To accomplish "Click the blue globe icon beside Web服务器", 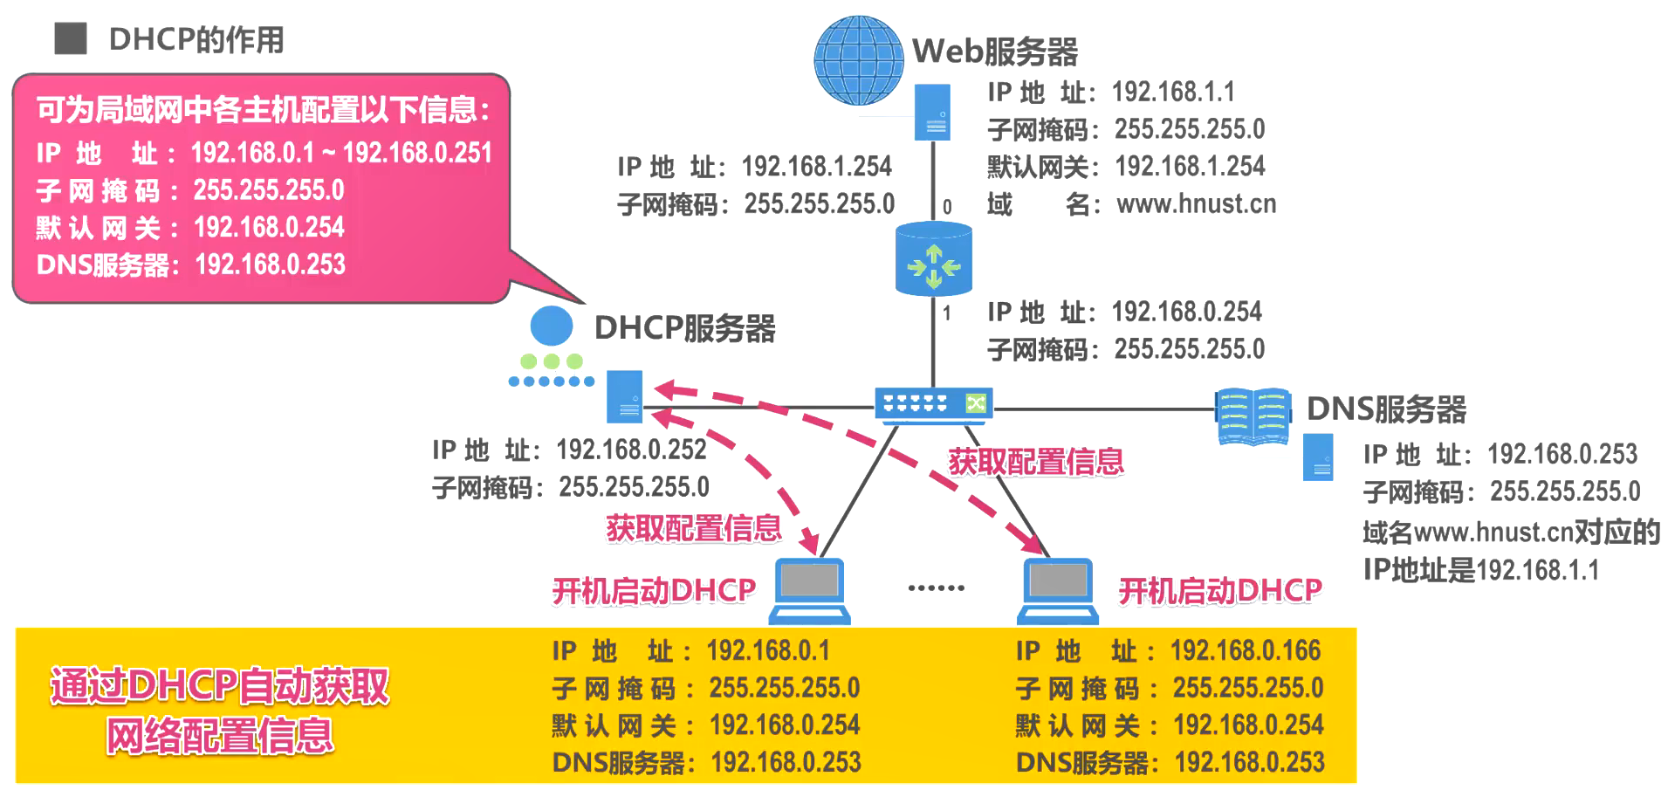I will (x=858, y=60).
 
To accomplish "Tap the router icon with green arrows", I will (x=933, y=259).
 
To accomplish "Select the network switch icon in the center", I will (x=933, y=404).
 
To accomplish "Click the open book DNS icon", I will (x=1253, y=416).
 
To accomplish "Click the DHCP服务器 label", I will (x=684, y=328).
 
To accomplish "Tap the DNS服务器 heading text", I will (x=1386, y=409).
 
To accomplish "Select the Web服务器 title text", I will (x=995, y=52).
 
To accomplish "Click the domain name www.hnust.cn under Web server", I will (x=1196, y=204).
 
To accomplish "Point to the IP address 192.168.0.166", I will (x=1246, y=650).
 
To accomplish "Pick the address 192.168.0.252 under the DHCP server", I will (x=631, y=450).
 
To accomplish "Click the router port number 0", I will (x=947, y=207).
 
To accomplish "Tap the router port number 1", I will (x=947, y=313).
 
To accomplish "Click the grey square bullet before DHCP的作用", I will (x=71, y=38).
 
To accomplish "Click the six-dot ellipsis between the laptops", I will (x=936, y=587).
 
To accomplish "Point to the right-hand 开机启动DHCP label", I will (x=1219, y=591).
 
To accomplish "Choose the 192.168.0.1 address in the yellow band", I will (x=768, y=650).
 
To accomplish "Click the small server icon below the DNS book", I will (x=1317, y=457).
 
